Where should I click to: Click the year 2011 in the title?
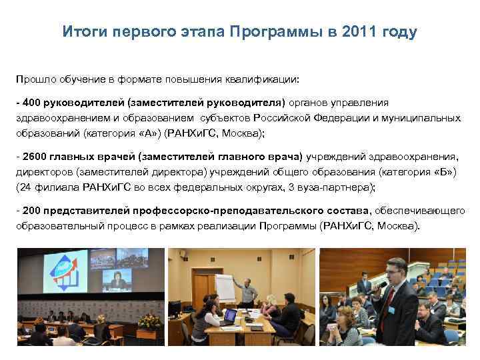click(x=361, y=33)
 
